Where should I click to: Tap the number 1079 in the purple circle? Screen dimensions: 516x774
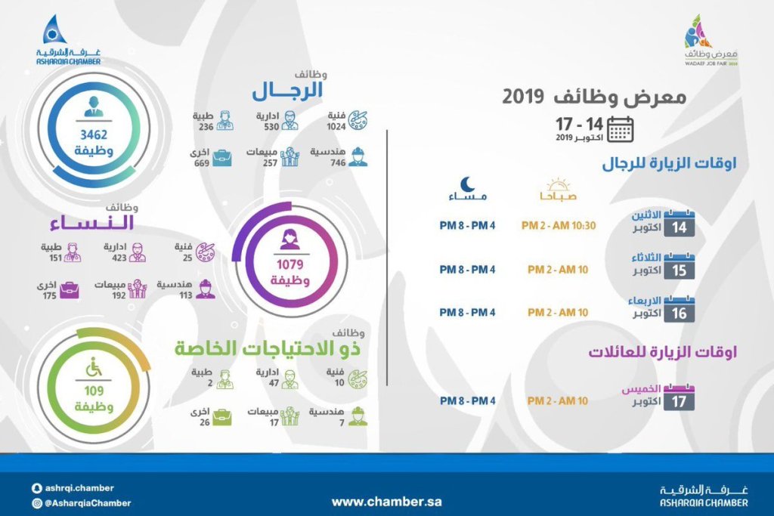point(290,265)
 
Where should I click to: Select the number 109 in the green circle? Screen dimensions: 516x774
point(94,391)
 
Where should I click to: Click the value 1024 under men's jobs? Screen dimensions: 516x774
point(336,126)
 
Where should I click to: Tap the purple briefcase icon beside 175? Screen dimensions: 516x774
point(69,289)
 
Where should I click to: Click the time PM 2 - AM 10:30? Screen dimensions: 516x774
point(559,226)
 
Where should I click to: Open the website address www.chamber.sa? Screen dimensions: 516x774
point(387,501)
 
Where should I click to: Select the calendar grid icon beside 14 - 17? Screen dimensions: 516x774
point(621,130)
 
